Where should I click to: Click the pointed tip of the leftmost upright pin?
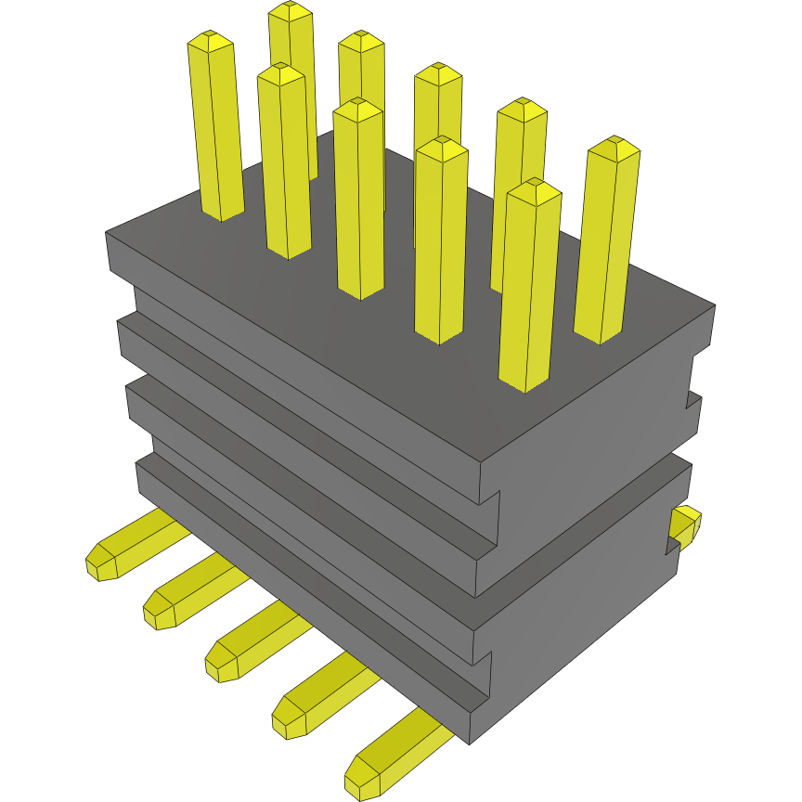(210, 37)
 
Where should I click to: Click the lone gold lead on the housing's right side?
(686, 524)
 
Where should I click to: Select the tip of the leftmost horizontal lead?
(99, 563)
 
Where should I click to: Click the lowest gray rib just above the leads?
(306, 585)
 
